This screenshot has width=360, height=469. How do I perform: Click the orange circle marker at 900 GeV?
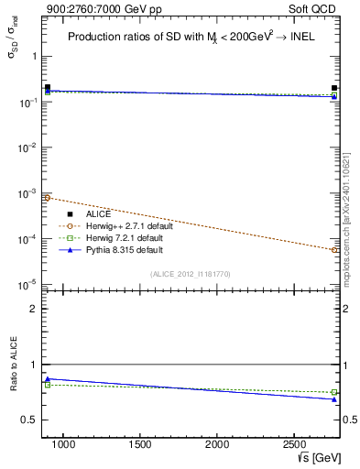pyautogui.click(x=48, y=198)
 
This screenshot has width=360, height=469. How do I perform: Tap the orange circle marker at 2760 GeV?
pyautogui.click(x=334, y=249)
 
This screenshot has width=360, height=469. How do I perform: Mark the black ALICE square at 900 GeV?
pyautogui.click(x=48, y=87)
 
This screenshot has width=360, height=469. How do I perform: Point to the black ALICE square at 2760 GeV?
pyautogui.click(x=334, y=88)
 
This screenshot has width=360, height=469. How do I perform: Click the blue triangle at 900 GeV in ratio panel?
pyautogui.click(x=48, y=378)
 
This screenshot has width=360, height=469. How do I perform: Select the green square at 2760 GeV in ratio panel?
pyautogui.click(x=334, y=392)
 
